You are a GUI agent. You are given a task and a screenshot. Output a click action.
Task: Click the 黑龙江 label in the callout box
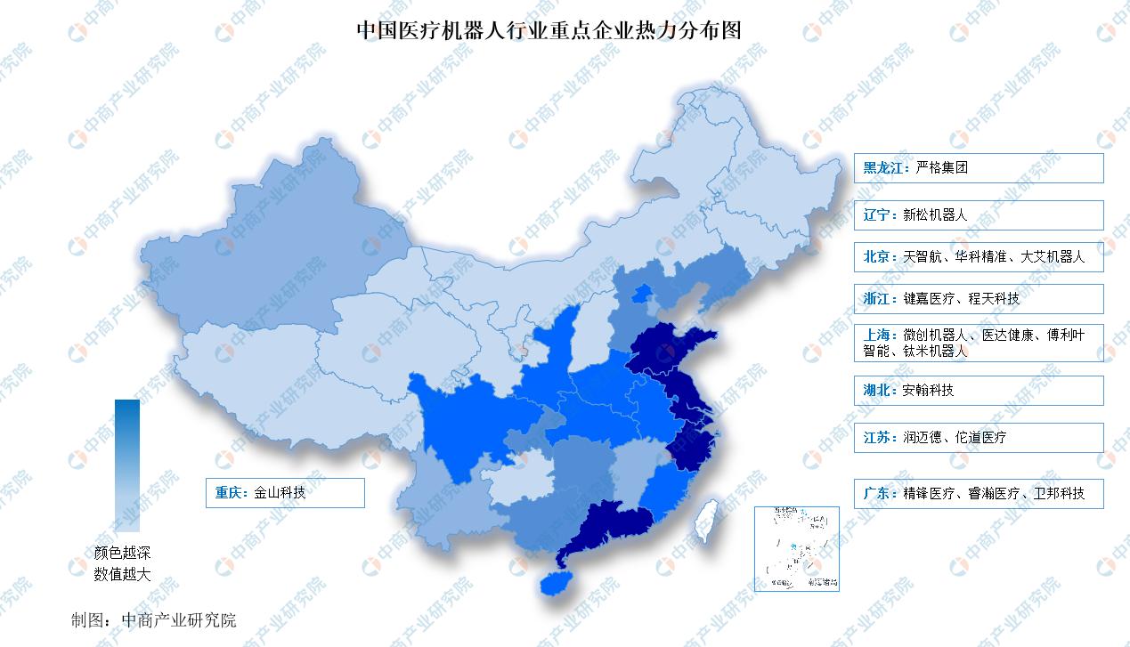point(881,167)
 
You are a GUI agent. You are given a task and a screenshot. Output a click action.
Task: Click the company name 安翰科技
point(929,390)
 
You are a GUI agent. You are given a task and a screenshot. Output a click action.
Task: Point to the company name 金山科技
point(280,492)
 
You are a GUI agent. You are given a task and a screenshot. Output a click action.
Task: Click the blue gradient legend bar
point(127,465)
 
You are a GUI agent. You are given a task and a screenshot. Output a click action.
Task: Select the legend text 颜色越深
point(123,554)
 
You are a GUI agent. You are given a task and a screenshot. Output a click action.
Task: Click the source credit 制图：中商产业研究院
point(154,620)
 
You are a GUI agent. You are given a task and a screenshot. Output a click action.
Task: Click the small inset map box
point(796,548)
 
